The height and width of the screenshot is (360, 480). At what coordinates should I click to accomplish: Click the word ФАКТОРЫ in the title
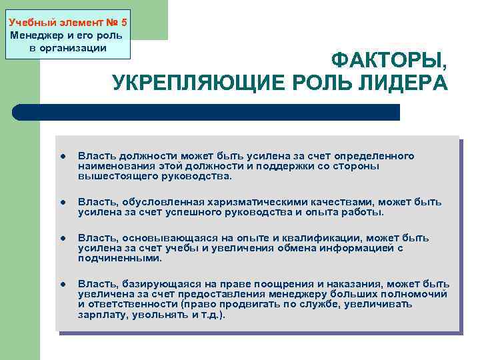(x=389, y=61)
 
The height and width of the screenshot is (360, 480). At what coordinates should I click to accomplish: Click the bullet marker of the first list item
(x=61, y=157)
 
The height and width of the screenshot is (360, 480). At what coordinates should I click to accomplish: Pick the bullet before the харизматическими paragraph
(x=61, y=203)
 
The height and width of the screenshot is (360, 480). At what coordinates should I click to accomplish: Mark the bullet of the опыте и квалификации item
(x=61, y=239)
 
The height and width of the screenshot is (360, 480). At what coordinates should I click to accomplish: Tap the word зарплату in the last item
(x=100, y=315)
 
